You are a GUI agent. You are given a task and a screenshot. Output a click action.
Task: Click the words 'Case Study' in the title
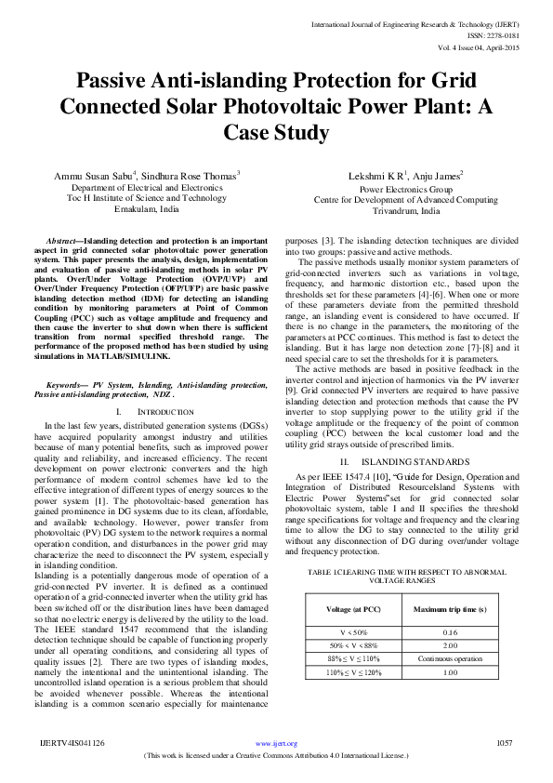(x=276, y=132)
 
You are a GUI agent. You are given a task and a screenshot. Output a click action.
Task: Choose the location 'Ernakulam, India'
(x=149, y=209)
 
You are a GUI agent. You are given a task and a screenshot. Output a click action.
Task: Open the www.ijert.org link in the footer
(x=277, y=743)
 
